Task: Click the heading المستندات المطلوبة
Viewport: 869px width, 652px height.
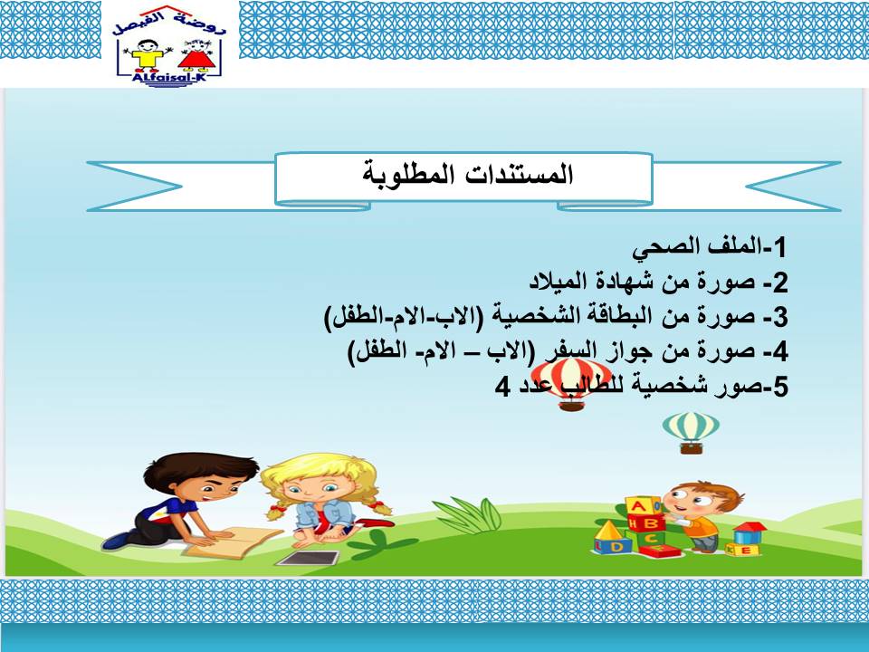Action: tap(467, 175)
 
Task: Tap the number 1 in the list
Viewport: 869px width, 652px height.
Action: tap(780, 247)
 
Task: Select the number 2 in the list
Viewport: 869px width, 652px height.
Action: tap(780, 283)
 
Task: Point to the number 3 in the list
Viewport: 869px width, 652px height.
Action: tap(780, 317)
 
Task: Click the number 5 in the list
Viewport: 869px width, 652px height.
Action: tap(780, 387)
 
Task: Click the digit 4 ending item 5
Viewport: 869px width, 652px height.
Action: tap(502, 387)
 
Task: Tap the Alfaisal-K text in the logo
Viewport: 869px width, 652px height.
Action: tap(168, 77)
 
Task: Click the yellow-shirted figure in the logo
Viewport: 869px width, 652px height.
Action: tap(148, 54)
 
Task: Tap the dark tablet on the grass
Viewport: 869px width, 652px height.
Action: tap(308, 559)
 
